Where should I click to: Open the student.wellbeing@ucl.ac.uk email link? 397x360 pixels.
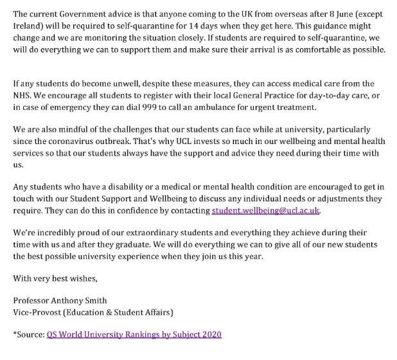coord(265,210)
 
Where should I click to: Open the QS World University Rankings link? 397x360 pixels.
coord(134,335)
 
